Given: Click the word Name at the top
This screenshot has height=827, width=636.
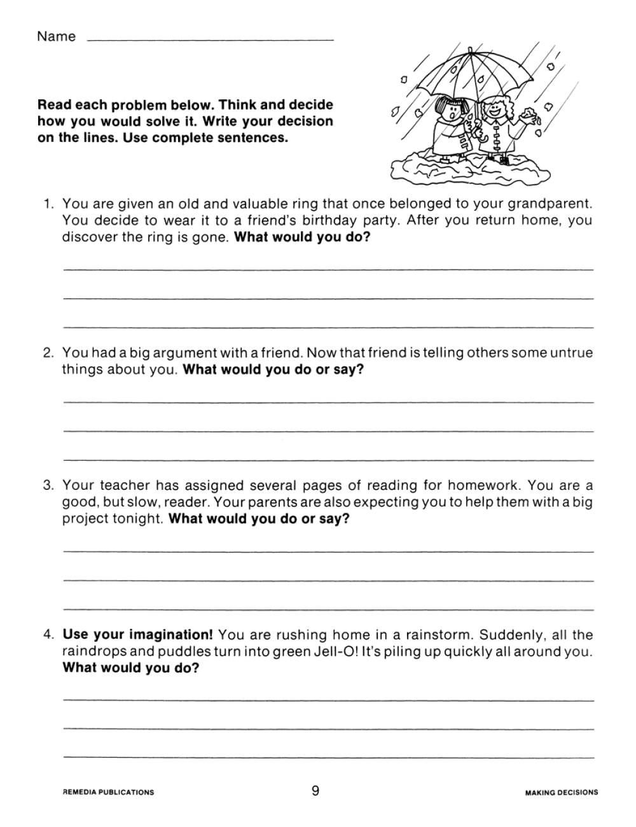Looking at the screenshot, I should [56, 36].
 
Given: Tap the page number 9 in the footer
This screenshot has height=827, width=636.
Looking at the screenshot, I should [315, 791].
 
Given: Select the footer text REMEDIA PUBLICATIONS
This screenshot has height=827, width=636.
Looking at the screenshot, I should [108, 792].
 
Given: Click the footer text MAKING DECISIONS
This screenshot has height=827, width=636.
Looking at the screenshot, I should [562, 792].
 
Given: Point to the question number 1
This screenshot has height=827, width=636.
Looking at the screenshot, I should [48, 204].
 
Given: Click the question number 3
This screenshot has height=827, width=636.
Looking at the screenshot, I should [48, 486].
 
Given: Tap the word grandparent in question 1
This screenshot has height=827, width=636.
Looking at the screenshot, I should [555, 204].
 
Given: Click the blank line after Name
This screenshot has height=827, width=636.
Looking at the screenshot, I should [210, 39].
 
